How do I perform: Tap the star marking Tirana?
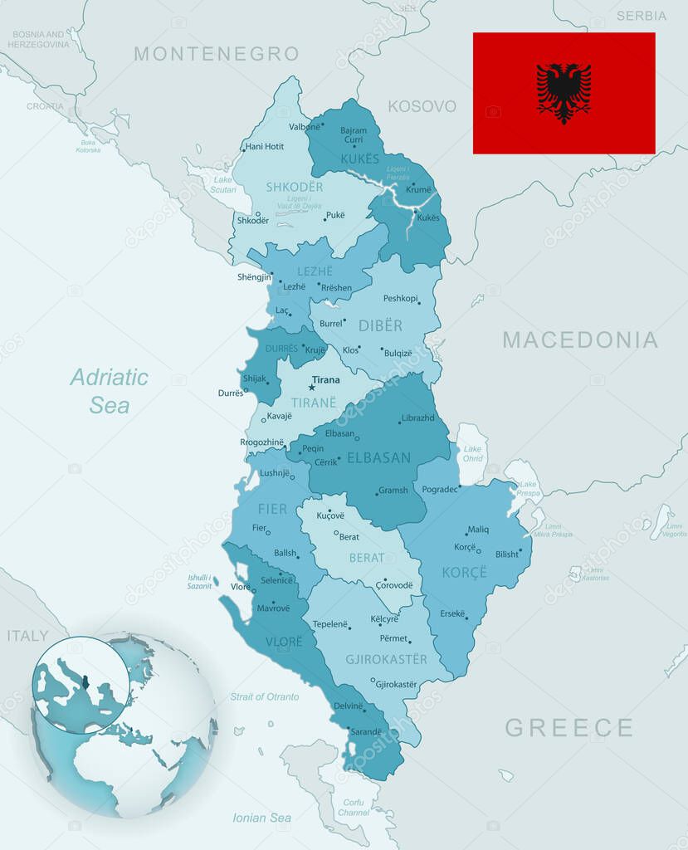click(312, 387)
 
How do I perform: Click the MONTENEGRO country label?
click(216, 54)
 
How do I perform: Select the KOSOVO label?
click(422, 106)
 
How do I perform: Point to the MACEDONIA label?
click(579, 340)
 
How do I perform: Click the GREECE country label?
click(568, 728)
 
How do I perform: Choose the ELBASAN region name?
click(378, 457)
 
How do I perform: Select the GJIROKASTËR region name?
click(386, 659)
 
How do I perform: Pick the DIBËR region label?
click(380, 326)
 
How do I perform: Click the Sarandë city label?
click(365, 732)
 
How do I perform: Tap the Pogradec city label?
click(439, 490)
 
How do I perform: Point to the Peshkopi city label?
click(400, 298)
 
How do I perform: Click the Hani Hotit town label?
click(265, 147)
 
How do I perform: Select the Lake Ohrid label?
click(472, 454)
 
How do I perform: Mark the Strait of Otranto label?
click(265, 696)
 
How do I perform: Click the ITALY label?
click(27, 636)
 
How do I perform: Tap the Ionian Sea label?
click(261, 818)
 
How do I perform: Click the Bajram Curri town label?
click(354, 134)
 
